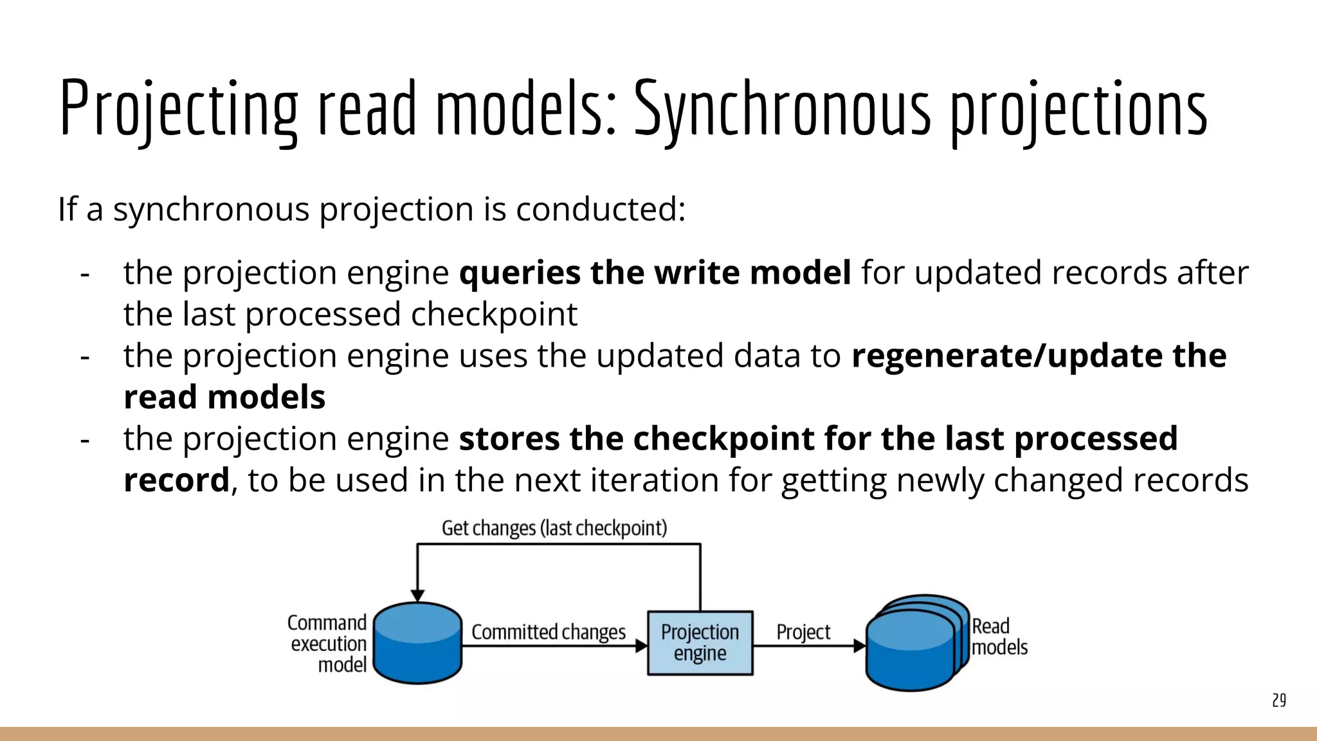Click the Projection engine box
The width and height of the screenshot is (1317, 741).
pyautogui.click(x=700, y=643)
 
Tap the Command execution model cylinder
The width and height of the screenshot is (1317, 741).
pyautogui.click(x=417, y=643)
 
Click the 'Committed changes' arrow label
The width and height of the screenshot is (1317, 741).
pyautogui.click(x=548, y=632)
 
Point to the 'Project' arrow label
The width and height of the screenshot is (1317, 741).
pyautogui.click(x=803, y=632)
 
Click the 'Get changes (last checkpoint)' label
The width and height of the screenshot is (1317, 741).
pyautogui.click(x=554, y=528)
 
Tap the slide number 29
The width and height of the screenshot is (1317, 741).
pyautogui.click(x=1278, y=700)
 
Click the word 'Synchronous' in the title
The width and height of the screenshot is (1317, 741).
pyautogui.click(x=782, y=109)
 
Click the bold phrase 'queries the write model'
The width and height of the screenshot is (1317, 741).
pyautogui.click(x=655, y=273)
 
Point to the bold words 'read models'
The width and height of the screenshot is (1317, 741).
pyautogui.click(x=224, y=397)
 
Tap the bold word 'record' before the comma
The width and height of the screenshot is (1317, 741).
pyautogui.click(x=176, y=480)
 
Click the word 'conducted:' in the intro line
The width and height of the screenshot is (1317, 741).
pyautogui.click(x=601, y=209)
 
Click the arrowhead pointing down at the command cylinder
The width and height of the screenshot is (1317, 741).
pyautogui.click(x=417, y=596)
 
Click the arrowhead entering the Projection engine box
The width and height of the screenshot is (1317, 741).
pyautogui.click(x=641, y=646)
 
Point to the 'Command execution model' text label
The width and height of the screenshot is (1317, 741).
pyautogui.click(x=327, y=643)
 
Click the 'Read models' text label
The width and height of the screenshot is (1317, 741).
pyautogui.click(x=999, y=636)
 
